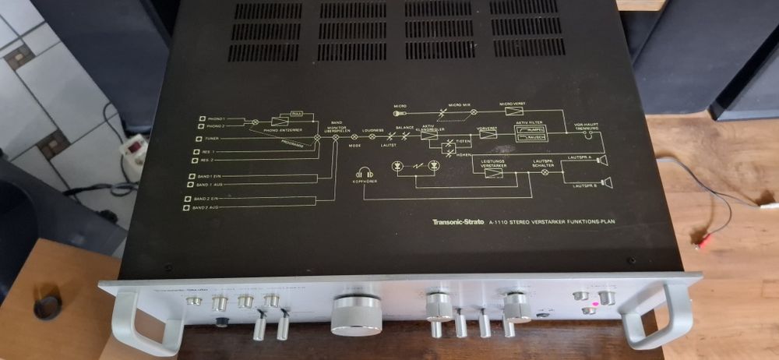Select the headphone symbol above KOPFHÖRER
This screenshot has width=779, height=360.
click(x=364, y=175)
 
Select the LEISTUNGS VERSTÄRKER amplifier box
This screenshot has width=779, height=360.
click(x=492, y=172)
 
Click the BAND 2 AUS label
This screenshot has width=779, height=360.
click(x=205, y=208)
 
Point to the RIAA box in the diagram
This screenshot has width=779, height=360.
click(x=296, y=114)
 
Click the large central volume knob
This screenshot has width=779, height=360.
click(x=357, y=316)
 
